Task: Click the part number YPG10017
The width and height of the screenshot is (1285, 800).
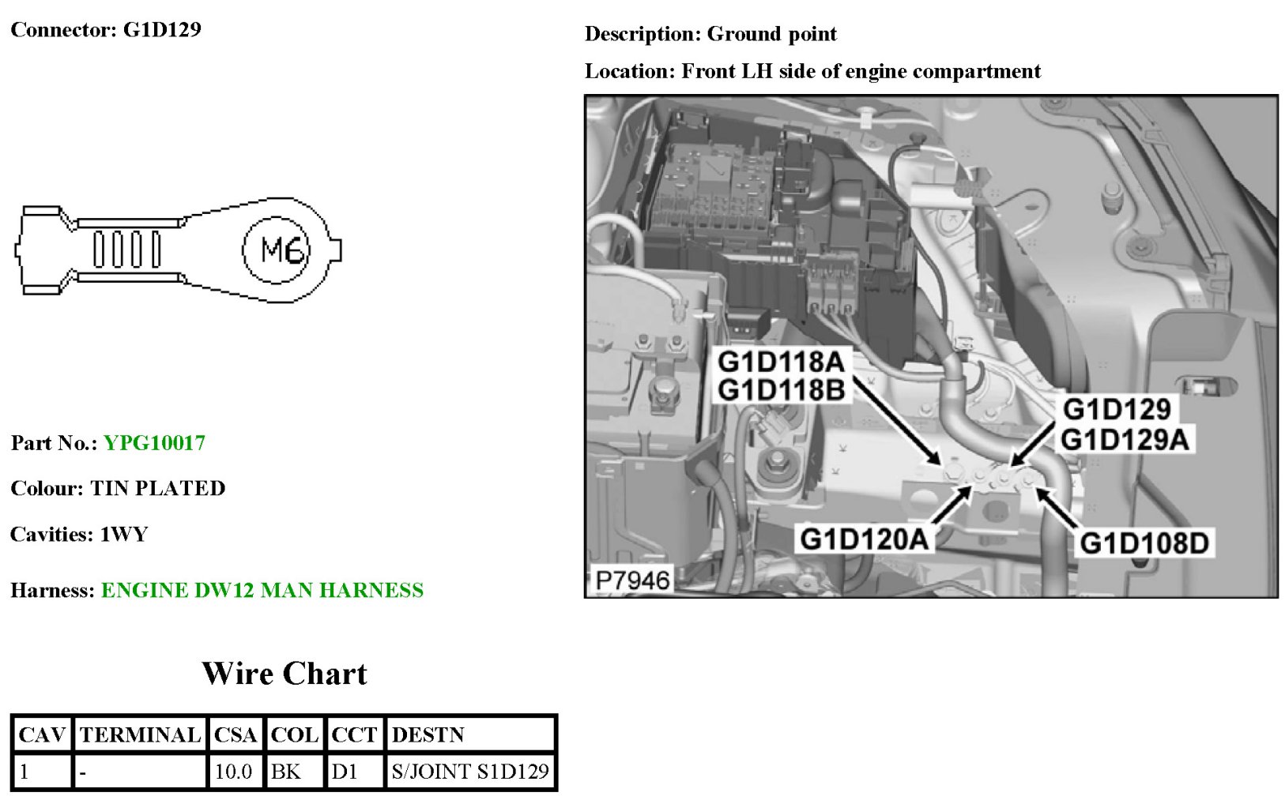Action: (x=154, y=443)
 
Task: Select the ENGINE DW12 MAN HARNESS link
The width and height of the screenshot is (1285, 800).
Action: (x=262, y=591)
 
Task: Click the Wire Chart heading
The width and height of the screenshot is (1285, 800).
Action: (x=285, y=674)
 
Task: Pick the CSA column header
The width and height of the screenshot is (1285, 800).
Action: (x=236, y=735)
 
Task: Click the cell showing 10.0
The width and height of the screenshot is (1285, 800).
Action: (x=234, y=772)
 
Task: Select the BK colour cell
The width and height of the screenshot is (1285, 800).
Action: (x=286, y=772)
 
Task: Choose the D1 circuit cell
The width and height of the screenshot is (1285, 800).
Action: (x=345, y=772)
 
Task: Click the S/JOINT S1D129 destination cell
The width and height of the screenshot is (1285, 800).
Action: (x=470, y=772)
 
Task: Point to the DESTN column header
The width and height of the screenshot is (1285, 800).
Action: (x=428, y=735)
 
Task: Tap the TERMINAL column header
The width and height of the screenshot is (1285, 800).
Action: (x=140, y=735)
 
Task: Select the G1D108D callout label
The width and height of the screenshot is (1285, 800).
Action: (x=1144, y=543)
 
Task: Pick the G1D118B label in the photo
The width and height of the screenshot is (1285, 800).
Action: (x=781, y=390)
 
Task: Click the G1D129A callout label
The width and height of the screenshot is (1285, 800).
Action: (x=1125, y=440)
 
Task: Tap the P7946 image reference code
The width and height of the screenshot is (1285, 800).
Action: (x=631, y=581)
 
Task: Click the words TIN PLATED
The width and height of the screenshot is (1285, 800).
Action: (x=158, y=489)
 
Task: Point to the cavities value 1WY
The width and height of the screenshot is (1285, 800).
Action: (x=124, y=535)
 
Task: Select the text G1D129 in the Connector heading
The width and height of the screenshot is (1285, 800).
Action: (x=162, y=30)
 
